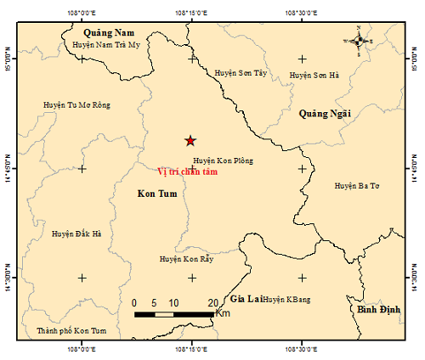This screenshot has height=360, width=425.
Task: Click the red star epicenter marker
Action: pos(190,141)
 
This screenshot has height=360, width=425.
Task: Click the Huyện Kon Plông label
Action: pos(223,160)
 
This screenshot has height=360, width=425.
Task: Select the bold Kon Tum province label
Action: pos(156,194)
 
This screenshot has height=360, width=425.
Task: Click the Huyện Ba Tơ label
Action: pos(356,184)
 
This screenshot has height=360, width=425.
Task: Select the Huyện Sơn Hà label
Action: pos(314,75)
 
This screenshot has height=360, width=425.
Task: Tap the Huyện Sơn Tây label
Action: pos(241,74)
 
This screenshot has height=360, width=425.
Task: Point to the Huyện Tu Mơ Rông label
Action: pos(76,105)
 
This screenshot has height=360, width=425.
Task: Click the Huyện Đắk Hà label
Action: pos(76,233)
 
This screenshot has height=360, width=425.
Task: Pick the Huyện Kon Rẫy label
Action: pos(186,259)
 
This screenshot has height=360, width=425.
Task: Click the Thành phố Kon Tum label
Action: pos(67,330)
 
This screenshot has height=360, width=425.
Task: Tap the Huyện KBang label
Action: pos(287,300)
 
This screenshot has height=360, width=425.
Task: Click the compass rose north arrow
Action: pos(360,39)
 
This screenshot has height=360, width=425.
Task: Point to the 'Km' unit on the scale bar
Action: pos(224,313)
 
